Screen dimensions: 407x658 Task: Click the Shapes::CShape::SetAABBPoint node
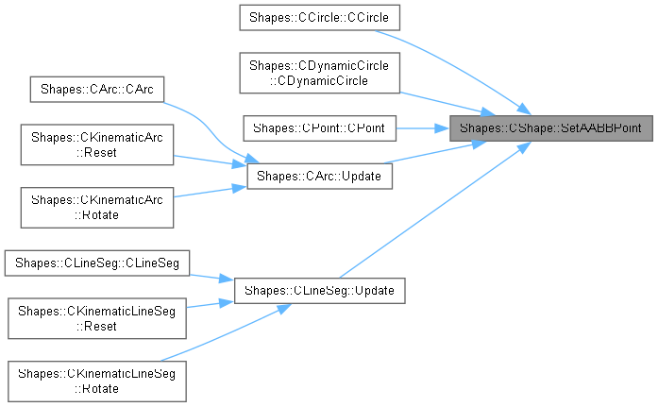[550, 127]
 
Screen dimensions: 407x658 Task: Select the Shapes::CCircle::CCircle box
[320, 17]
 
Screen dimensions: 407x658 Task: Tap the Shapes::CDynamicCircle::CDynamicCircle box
[320, 73]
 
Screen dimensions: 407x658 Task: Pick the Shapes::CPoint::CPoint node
[320, 127]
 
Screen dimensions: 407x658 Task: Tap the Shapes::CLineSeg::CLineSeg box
[98, 261]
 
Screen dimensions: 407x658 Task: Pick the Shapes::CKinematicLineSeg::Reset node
[98, 318]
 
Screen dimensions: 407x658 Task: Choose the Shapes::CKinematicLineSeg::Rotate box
[98, 381]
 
